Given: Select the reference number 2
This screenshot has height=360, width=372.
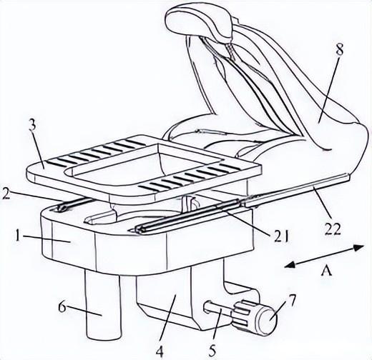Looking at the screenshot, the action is coord(6,194).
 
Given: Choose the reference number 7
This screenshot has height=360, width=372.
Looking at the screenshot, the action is coord(290,301).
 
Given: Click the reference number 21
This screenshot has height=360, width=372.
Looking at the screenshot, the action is coord(279,236).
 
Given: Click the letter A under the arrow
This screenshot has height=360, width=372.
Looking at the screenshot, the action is coord(326,271).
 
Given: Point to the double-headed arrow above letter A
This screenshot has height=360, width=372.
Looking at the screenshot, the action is coord(324,256).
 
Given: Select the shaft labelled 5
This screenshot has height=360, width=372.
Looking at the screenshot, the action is coord(219,311).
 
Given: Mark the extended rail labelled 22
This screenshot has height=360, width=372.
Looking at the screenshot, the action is coord(295,191).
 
